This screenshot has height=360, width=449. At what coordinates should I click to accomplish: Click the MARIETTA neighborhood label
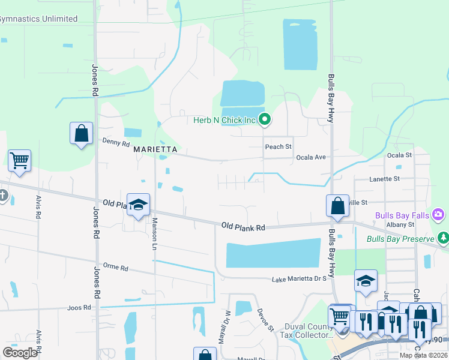click(x=155, y=148)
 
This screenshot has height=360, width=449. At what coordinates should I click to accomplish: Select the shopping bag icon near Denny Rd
click(x=82, y=133)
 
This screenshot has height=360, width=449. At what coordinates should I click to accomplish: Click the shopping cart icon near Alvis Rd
click(x=19, y=161)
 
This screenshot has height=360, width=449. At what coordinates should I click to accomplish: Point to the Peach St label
click(x=278, y=146)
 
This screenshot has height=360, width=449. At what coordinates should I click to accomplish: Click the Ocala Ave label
click(x=311, y=157)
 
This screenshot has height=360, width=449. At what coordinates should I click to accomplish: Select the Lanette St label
click(x=384, y=179)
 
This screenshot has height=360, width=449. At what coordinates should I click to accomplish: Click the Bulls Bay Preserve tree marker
click(x=443, y=239)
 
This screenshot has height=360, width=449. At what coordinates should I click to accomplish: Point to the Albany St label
click(x=400, y=224)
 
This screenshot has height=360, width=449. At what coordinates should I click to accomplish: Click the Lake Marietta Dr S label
click(x=299, y=279)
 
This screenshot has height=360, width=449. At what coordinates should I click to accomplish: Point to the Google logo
click(x=20, y=353)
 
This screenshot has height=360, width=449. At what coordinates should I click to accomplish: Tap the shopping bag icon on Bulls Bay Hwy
click(x=337, y=205)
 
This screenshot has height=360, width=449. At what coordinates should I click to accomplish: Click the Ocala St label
click(x=400, y=155)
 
